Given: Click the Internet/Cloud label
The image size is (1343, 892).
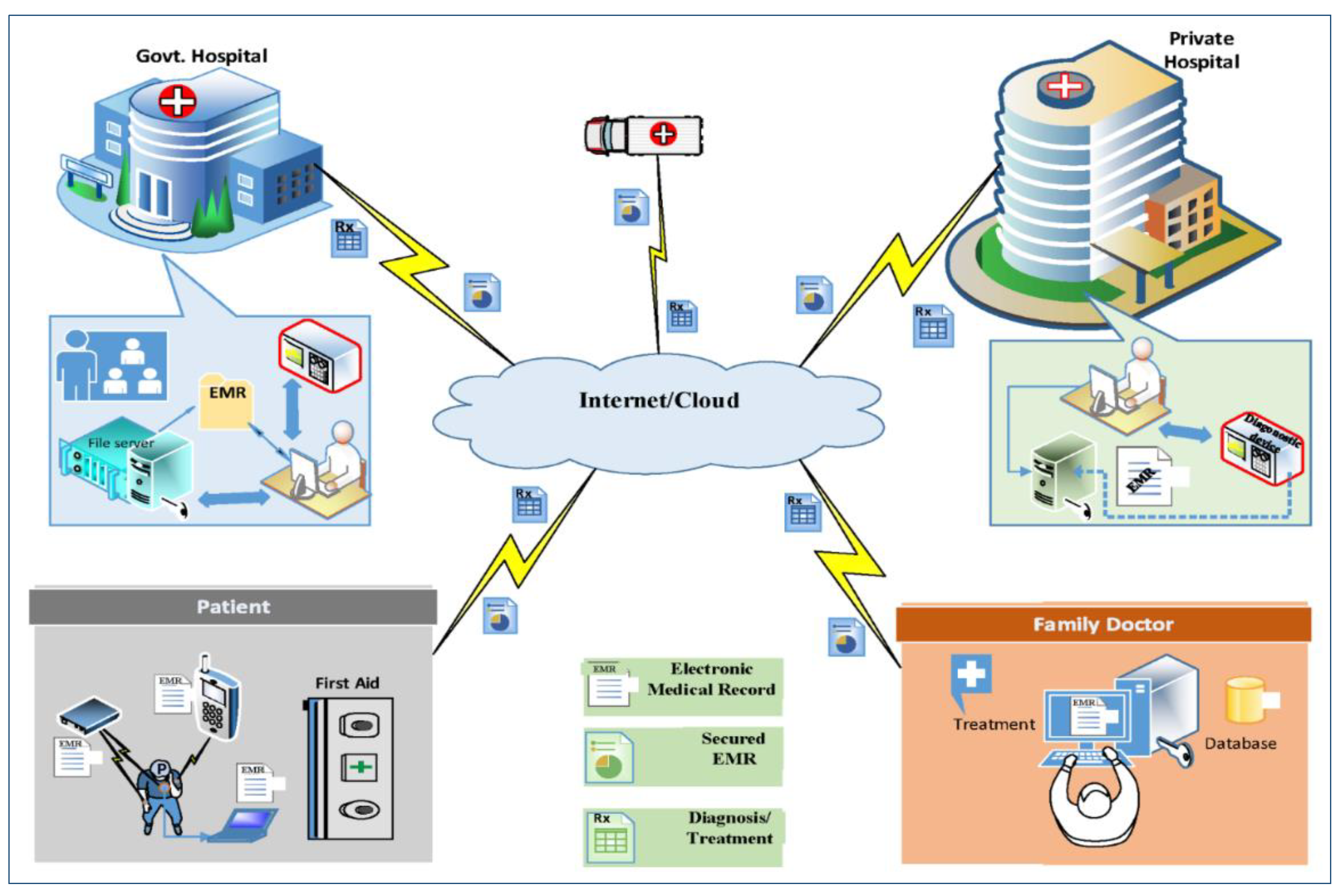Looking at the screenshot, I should point(659,400).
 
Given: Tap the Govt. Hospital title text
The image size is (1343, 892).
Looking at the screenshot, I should point(201,56).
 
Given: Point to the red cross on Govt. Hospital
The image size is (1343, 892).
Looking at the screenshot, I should point(177,101).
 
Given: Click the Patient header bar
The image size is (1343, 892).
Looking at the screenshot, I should point(233,607).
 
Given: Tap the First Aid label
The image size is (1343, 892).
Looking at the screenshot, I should point(347,683).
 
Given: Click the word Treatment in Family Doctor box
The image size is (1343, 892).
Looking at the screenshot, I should point(994,724).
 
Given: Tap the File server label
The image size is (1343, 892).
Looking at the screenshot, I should point(121,443).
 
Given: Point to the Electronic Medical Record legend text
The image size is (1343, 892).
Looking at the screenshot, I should point(711,679).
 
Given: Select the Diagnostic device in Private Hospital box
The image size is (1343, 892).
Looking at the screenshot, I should point(1261,449).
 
